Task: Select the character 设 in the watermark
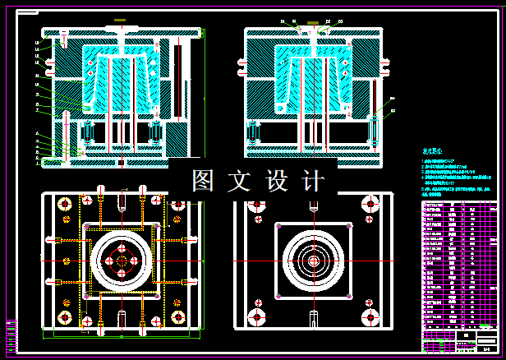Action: [277, 181]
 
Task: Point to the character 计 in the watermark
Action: [312, 181]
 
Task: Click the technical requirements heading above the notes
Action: [432, 152]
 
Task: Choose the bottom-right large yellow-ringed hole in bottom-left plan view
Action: [177, 316]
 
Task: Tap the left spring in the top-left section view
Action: [85, 132]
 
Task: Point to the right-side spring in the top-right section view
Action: [375, 132]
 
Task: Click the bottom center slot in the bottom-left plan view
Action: [122, 317]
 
